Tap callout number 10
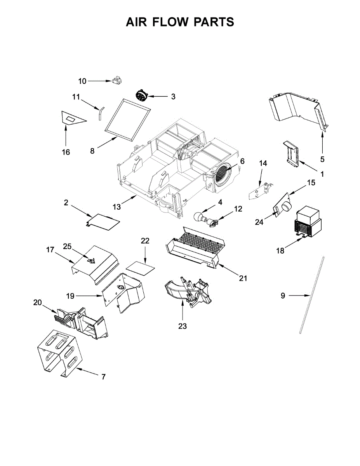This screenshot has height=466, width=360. coord(82,81)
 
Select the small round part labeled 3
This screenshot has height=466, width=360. coord(142,95)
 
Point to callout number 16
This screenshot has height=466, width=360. coord(66,152)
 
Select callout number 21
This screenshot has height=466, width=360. coord(243,278)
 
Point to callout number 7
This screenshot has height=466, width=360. coord(103,377)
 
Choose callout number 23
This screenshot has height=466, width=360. coord(183,326)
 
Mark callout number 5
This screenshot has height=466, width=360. coord(323,159)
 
